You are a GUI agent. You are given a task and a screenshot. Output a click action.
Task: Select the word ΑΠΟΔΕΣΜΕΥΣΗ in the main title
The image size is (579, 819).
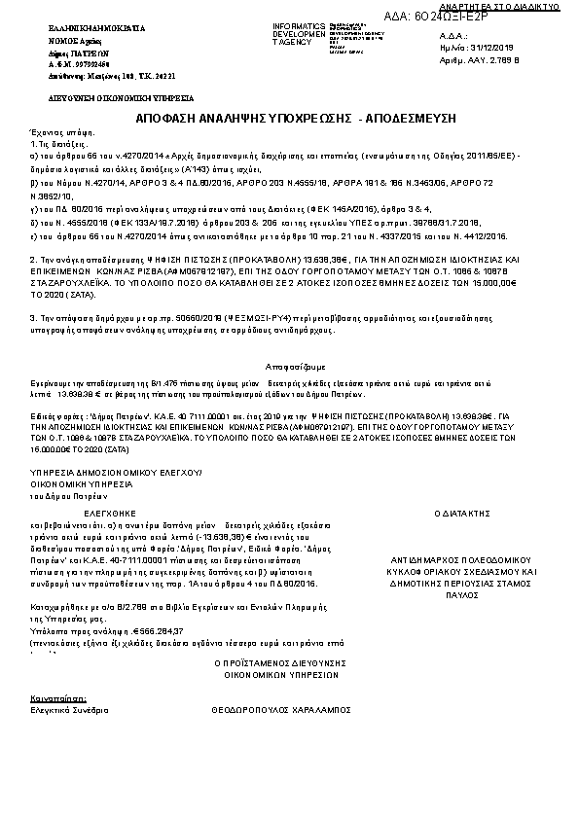coord(394,117)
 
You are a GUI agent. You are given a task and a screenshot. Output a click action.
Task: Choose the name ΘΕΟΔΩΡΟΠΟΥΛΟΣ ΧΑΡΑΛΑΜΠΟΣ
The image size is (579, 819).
coord(280,711)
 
